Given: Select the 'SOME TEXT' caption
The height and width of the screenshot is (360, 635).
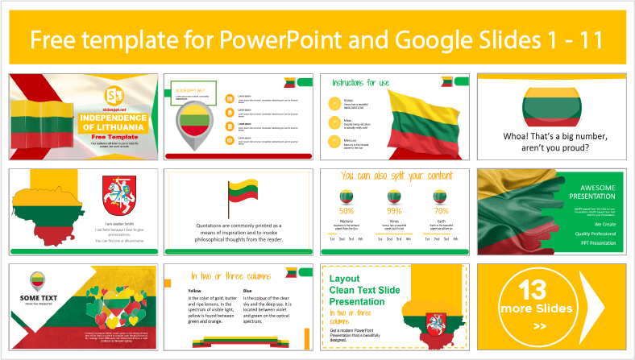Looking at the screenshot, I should tap(35, 297).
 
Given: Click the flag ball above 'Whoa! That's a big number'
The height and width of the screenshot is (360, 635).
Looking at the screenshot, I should tap(554, 102).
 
